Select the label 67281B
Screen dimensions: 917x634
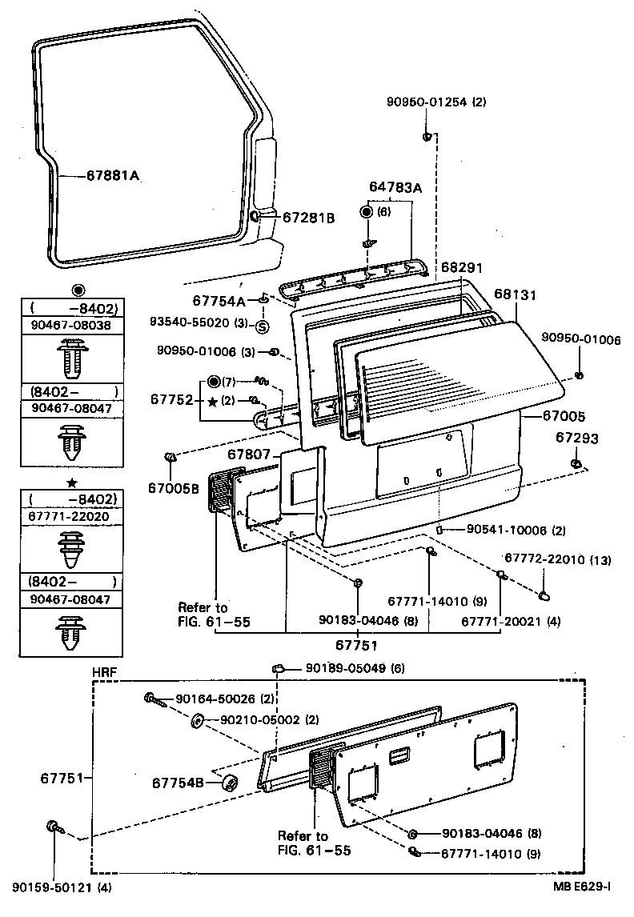pyautogui.click(x=308, y=217)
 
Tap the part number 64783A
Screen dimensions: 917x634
pyautogui.click(x=395, y=187)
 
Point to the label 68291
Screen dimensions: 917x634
pyautogui.click(x=463, y=267)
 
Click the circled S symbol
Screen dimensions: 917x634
pyautogui.click(x=263, y=325)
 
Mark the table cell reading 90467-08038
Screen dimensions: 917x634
pyautogui.click(x=70, y=326)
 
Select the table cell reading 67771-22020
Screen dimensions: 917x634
pyautogui.click(x=70, y=517)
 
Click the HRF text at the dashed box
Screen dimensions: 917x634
pyautogui.click(x=104, y=671)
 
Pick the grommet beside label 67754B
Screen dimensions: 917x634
pyautogui.click(x=229, y=782)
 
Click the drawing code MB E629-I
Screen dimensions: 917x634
pyautogui.click(x=580, y=887)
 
